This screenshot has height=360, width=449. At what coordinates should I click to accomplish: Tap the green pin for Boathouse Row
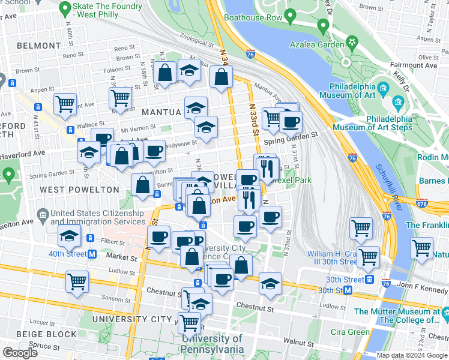point(291,14)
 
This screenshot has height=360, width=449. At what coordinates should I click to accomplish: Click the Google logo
point(20,353)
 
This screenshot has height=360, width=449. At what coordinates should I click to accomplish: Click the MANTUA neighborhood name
point(161,112)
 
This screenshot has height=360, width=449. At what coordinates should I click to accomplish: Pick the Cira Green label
point(350,332)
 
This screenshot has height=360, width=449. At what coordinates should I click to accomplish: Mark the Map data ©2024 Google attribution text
point(411,355)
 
